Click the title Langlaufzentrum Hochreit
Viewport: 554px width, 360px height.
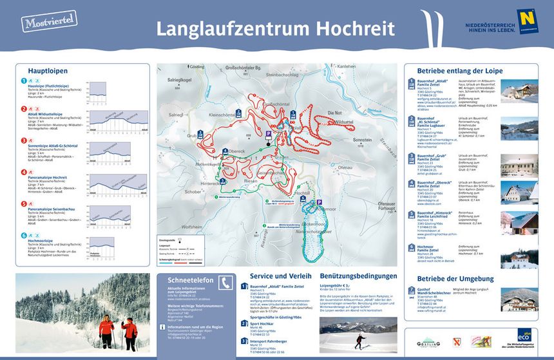[x=276, y=28]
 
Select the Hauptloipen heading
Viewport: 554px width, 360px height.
[x=48, y=71]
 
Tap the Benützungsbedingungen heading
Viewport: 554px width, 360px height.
[x=356, y=276]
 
